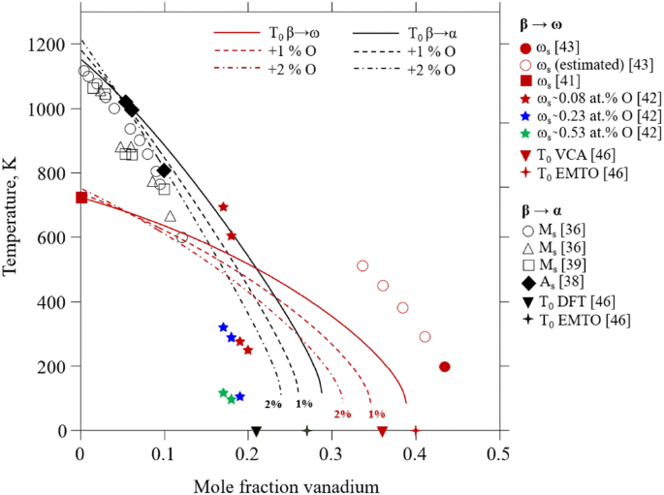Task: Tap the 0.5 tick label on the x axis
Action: tap(498, 450)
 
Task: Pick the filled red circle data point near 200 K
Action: tap(444, 366)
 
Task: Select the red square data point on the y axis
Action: tap(81, 198)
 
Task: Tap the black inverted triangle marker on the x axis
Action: tap(256, 431)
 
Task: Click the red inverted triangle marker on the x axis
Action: tap(382, 431)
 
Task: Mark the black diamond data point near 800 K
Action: tap(164, 170)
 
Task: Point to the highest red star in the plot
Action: tap(223, 206)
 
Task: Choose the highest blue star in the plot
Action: tap(223, 327)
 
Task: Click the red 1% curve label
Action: tap(376, 414)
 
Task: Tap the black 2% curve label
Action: tap(273, 404)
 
